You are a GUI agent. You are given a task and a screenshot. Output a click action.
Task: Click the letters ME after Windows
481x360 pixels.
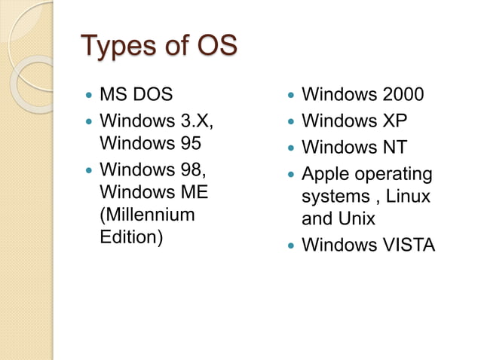point(191,192)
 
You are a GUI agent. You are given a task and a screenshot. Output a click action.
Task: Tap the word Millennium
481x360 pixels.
point(147,215)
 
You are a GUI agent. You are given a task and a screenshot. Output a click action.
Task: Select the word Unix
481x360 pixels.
point(356,220)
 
